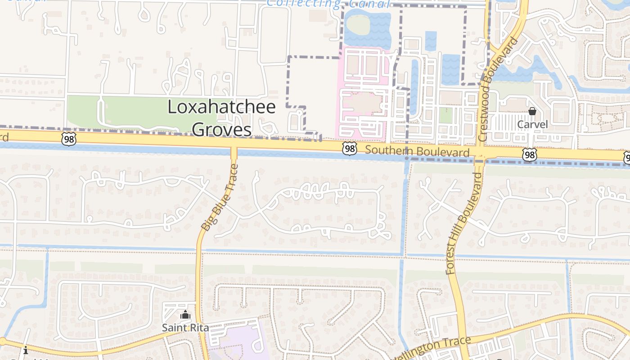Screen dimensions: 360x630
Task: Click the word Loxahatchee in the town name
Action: click(x=221, y=107)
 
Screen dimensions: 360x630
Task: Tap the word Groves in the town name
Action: click(x=221, y=130)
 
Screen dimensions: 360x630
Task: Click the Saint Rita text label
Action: click(x=185, y=328)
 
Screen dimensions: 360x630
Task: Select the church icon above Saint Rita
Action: click(x=185, y=315)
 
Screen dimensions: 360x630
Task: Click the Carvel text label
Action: click(x=532, y=124)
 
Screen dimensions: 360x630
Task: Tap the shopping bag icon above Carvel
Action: click(x=532, y=111)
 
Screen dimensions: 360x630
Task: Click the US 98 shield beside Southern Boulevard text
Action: click(x=349, y=149)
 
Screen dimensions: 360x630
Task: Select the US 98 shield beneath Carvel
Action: click(x=530, y=155)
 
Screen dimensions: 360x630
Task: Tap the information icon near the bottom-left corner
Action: click(x=26, y=350)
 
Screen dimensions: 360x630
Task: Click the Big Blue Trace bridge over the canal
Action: click(x=234, y=153)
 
